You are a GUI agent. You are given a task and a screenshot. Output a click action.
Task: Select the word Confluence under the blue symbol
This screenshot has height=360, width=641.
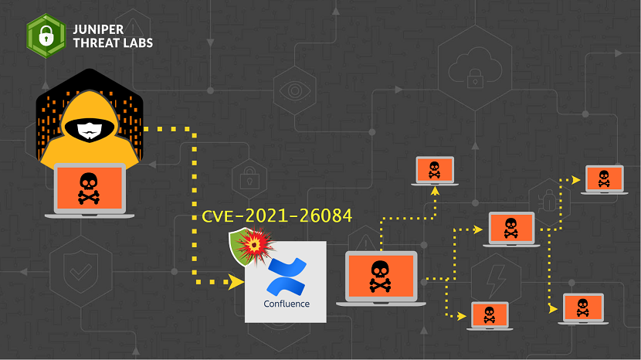coord(286,304)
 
